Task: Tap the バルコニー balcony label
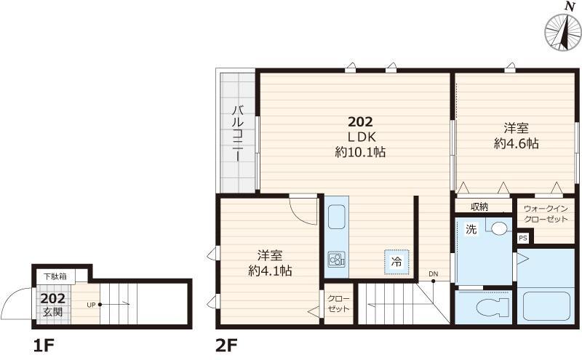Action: tap(239, 134)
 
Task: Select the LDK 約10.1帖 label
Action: tap(360, 144)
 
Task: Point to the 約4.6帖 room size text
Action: tap(517, 143)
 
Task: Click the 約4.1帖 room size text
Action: tap(270, 271)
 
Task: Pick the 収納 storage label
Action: tap(479, 207)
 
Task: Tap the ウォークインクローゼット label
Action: tap(546, 214)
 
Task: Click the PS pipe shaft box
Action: tap(523, 238)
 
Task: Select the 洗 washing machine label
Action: tap(471, 229)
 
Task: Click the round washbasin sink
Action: tap(498, 228)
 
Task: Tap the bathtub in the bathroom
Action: tap(546, 306)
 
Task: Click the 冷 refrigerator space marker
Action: tap(396, 262)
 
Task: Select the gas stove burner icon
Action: tap(337, 259)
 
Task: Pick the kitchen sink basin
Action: tap(337, 217)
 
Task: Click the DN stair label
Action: tap(433, 274)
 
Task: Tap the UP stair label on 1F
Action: tap(91, 305)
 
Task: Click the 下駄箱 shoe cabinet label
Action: tap(55, 276)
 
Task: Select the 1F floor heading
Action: tap(44, 346)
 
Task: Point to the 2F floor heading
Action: tap(226, 346)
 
